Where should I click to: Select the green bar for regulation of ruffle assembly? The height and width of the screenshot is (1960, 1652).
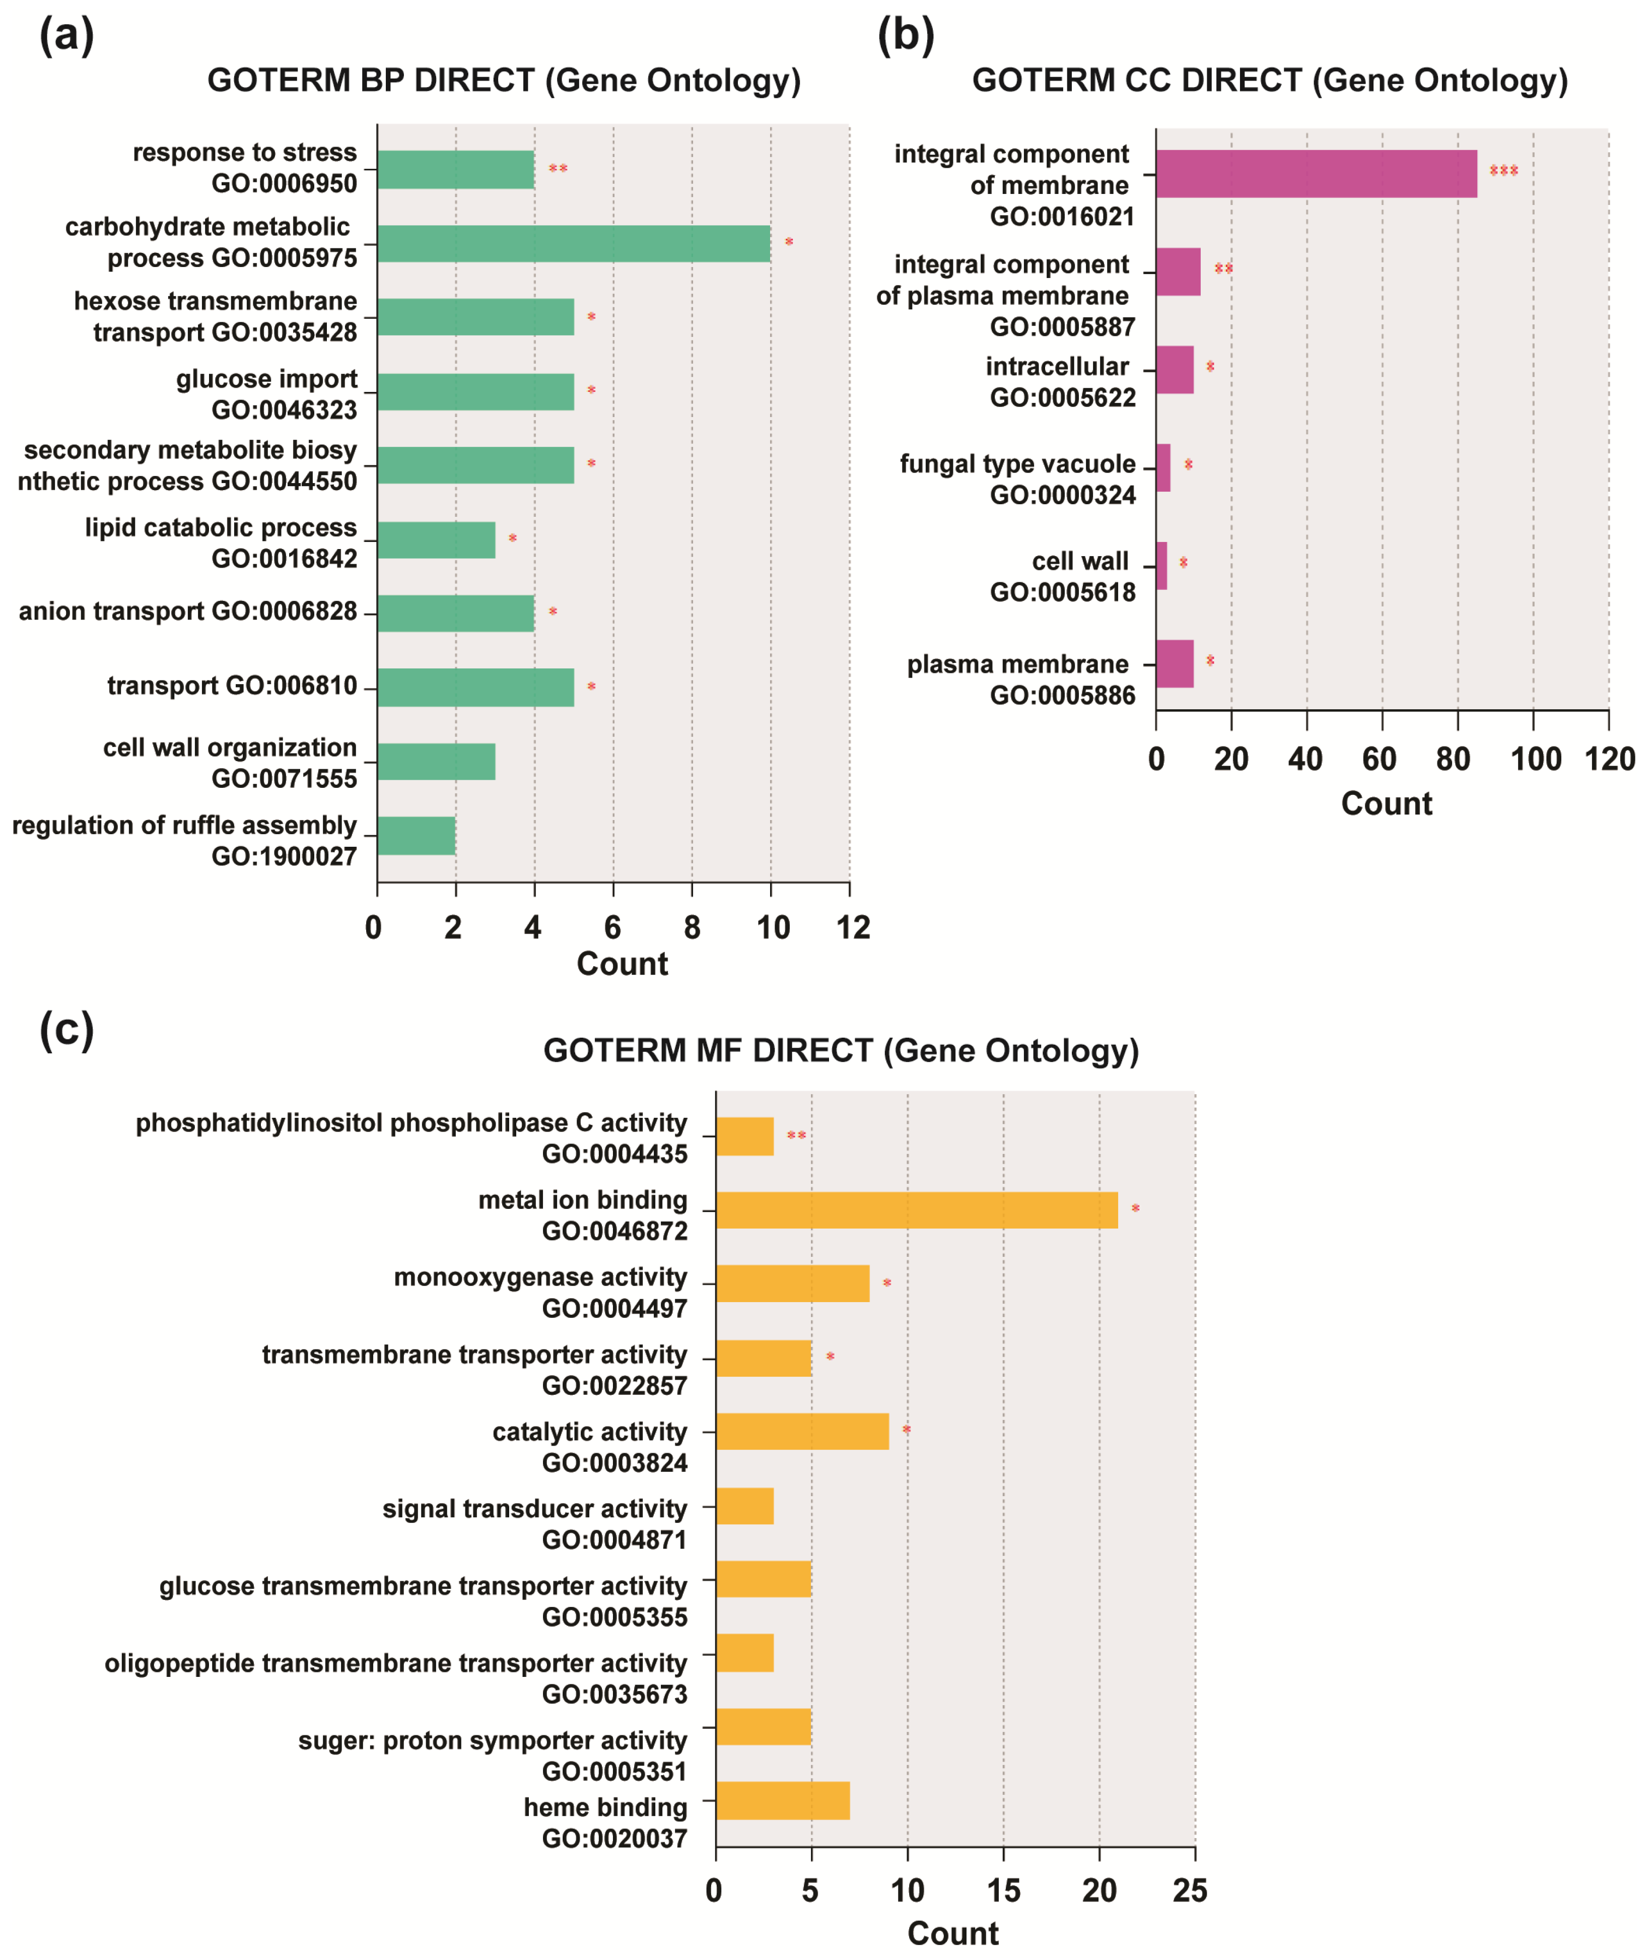click(x=416, y=835)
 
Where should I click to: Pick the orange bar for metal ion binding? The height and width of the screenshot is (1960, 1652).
click(x=916, y=1210)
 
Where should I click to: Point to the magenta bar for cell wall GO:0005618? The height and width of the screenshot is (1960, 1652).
click(x=1161, y=566)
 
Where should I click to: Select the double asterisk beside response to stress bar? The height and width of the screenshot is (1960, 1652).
click(x=558, y=169)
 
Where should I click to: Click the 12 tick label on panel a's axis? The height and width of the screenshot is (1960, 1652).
click(x=853, y=927)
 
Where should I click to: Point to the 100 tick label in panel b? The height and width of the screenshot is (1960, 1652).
click(x=1535, y=759)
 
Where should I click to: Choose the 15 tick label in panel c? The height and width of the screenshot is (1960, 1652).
click(x=1003, y=1890)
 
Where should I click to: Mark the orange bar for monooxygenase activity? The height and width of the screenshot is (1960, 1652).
click(x=792, y=1283)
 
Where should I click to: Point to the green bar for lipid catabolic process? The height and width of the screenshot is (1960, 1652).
click(x=436, y=539)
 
